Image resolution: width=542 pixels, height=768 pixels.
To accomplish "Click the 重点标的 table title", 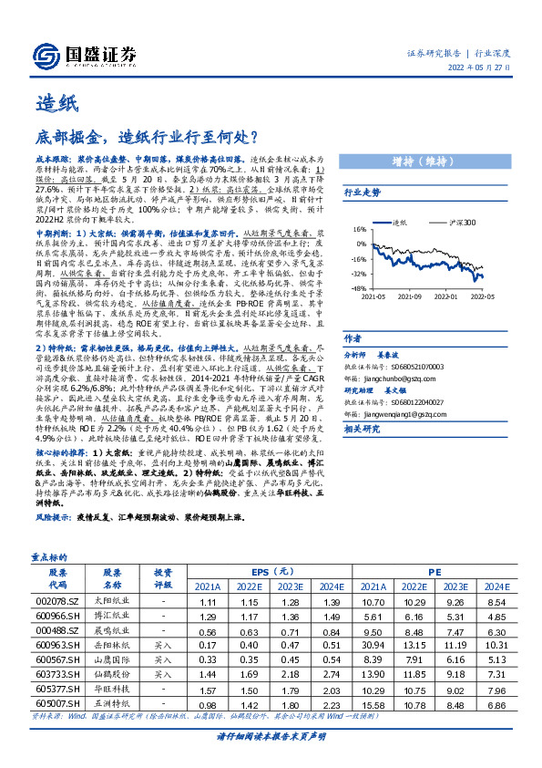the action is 46,555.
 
